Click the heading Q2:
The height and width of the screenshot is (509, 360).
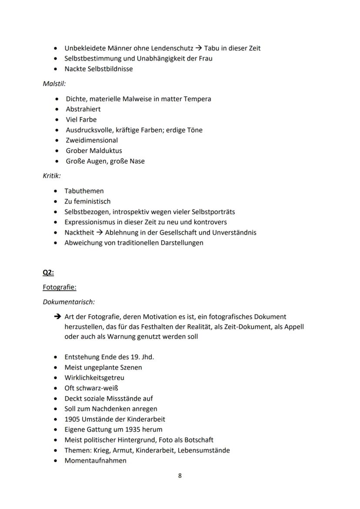(x=48, y=273)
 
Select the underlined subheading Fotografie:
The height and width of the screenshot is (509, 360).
(x=60, y=287)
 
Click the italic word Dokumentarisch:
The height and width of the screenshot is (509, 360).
(x=69, y=301)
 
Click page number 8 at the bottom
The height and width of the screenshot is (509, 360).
(x=180, y=476)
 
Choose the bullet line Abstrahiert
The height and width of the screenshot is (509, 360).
(x=83, y=109)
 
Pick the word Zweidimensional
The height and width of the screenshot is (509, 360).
(x=92, y=140)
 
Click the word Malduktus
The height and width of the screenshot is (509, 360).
(x=106, y=151)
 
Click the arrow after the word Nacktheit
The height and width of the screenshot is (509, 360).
(x=100, y=233)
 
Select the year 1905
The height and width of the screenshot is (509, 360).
(x=72, y=419)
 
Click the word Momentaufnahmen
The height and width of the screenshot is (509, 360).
(x=96, y=461)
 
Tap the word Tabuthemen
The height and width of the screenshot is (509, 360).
(x=84, y=191)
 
